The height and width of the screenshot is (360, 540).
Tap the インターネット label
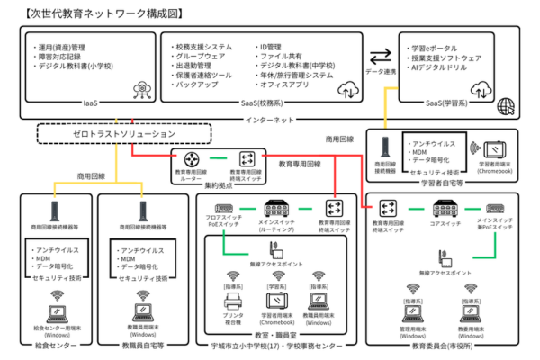270,119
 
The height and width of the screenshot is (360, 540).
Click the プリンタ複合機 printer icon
234,303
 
